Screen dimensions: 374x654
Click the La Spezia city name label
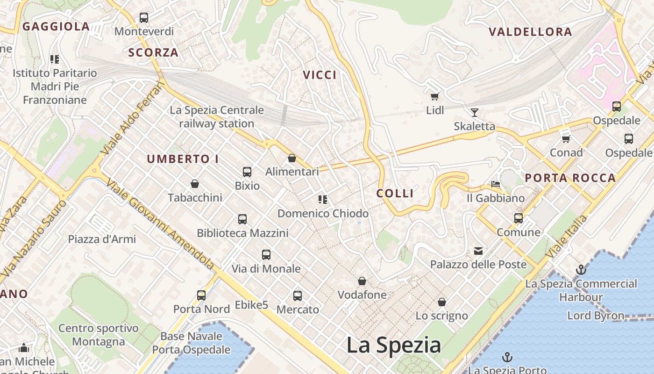click(x=393, y=345)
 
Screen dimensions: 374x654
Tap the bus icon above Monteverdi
click(x=144, y=18)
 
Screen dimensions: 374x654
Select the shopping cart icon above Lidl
click(x=435, y=96)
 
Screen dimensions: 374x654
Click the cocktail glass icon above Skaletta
click(x=475, y=112)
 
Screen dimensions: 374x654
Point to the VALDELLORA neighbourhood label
click(x=530, y=32)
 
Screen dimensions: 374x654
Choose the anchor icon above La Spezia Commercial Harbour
click(x=581, y=270)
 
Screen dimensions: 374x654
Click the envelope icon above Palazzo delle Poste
click(x=478, y=251)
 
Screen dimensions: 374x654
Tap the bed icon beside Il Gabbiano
click(x=496, y=184)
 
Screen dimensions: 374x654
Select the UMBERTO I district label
click(x=183, y=159)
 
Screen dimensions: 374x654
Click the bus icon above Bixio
click(x=247, y=172)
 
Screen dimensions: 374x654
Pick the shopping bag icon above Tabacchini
click(x=195, y=184)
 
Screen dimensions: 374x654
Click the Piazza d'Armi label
click(x=102, y=239)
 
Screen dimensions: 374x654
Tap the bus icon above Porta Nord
click(x=201, y=295)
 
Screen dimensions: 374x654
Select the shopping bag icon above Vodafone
click(x=362, y=281)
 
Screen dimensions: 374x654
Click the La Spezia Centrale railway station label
click(x=217, y=117)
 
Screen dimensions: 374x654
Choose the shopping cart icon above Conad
click(x=566, y=139)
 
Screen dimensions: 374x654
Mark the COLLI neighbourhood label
click(x=395, y=193)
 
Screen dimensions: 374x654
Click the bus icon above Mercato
click(x=298, y=296)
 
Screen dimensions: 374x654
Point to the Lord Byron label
click(x=596, y=316)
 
